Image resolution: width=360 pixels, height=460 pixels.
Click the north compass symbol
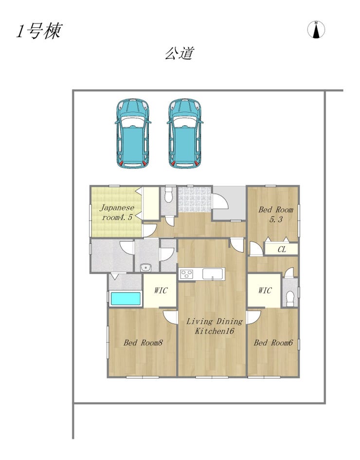click(x=316, y=30)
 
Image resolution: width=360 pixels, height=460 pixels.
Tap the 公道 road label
click(x=180, y=54)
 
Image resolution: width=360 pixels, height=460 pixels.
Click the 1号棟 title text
click(x=39, y=31)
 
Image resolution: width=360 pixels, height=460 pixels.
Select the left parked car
click(x=133, y=133)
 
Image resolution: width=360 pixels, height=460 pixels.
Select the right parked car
click(x=185, y=133)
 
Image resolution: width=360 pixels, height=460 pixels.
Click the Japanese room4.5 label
click(x=117, y=212)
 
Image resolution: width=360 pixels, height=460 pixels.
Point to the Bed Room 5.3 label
click(x=275, y=214)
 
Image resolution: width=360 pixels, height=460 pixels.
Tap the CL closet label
click(x=282, y=249)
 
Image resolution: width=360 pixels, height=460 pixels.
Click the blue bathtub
click(x=126, y=299)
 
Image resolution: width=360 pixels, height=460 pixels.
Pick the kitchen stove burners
click(x=187, y=275)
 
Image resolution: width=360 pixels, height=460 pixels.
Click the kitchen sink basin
click(x=213, y=274)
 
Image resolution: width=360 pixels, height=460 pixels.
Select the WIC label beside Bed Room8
click(x=161, y=291)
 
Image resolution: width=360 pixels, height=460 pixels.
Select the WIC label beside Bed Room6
click(x=265, y=291)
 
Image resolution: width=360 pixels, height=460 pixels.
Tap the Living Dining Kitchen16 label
click(x=215, y=326)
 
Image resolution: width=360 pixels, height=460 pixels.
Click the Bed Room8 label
click(x=143, y=343)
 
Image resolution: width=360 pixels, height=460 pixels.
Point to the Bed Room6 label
click(x=273, y=343)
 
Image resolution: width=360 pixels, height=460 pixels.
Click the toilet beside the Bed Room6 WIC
click(x=290, y=299)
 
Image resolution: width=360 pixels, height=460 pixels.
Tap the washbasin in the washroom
click(x=145, y=268)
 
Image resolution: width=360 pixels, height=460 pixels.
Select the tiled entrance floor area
click(x=195, y=199)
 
